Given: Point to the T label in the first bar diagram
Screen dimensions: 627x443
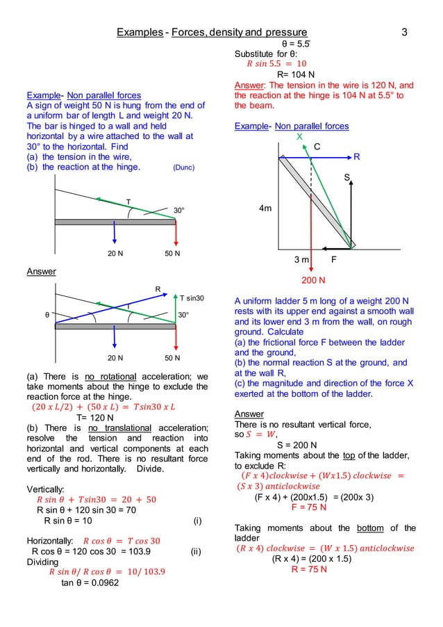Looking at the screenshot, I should tap(127, 201).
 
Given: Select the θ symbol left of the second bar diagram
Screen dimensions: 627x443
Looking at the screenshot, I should tap(47, 314).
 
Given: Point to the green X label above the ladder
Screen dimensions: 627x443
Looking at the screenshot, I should tap(300, 137).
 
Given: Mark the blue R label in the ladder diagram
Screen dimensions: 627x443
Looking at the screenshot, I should tap(357, 158).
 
